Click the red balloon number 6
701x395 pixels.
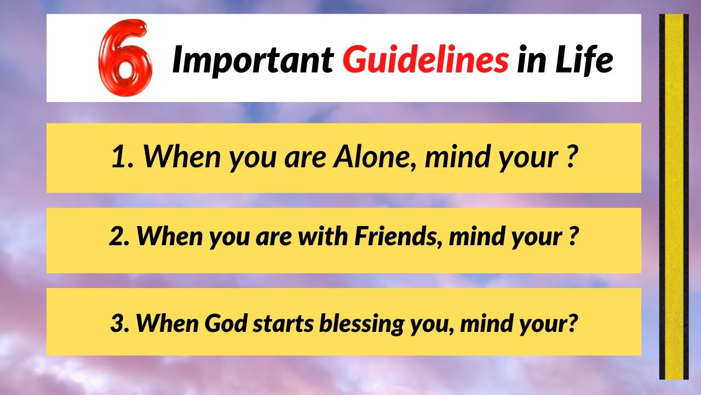coord(125,58)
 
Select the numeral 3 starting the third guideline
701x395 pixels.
coord(117,323)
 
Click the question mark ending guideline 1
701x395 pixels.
coord(572,157)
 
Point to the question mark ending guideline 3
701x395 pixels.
coord(573,323)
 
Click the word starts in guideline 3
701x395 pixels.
coord(283,323)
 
